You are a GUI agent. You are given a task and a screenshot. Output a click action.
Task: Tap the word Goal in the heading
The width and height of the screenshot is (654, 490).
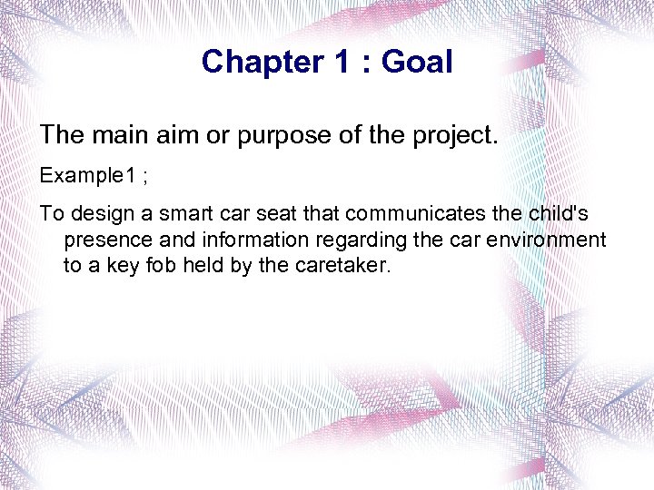(x=417, y=62)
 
